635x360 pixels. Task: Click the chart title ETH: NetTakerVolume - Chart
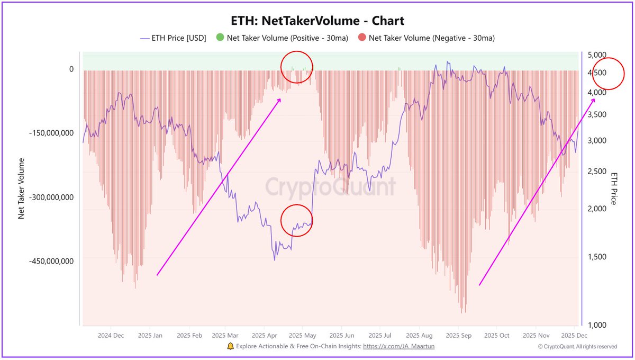317,21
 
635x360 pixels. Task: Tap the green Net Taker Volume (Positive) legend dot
220,38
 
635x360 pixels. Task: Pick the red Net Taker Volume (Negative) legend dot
361,38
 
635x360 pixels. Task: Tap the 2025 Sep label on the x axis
458,336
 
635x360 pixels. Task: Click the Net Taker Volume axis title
22,188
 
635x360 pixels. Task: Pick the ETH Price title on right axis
614,188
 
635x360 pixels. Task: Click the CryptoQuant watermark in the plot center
330,187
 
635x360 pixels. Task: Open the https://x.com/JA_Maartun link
398,346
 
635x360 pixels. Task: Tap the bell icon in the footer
230,346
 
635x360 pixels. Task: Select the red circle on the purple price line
296,220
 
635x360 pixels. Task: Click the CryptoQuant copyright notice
577,347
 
